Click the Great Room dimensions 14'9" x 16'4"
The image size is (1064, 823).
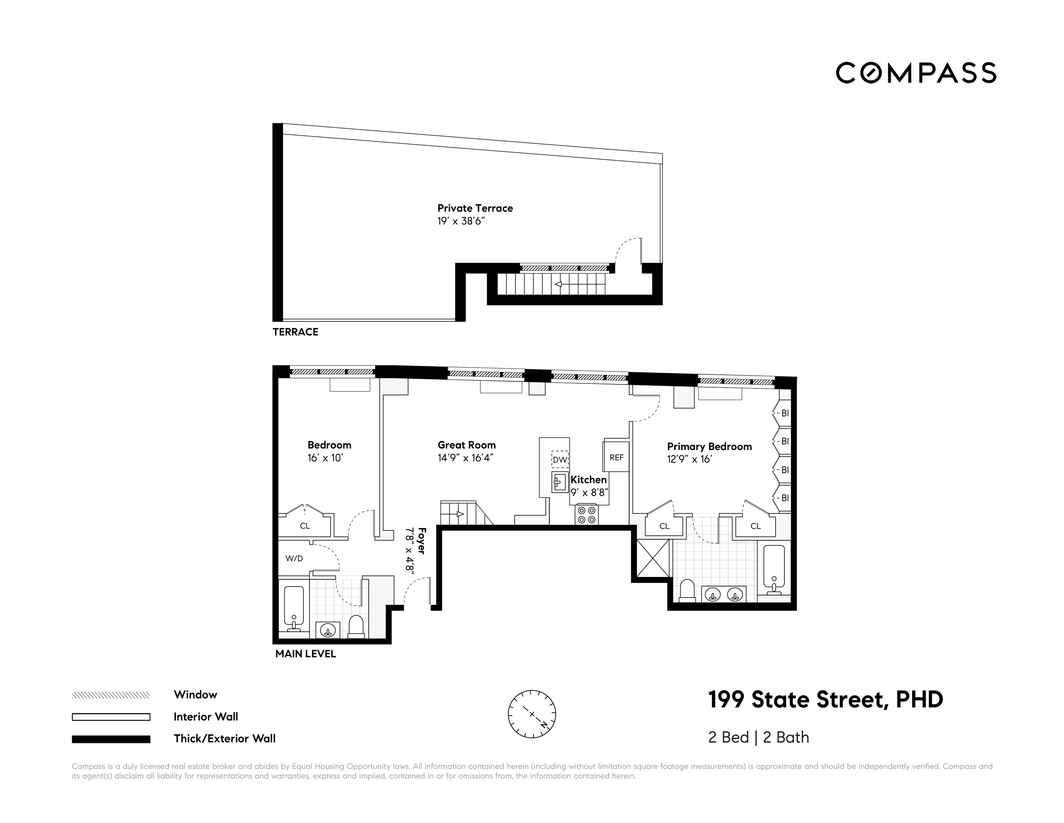[x=465, y=458]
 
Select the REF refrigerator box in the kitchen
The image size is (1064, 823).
[x=616, y=457]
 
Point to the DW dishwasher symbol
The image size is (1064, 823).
[x=560, y=459]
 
